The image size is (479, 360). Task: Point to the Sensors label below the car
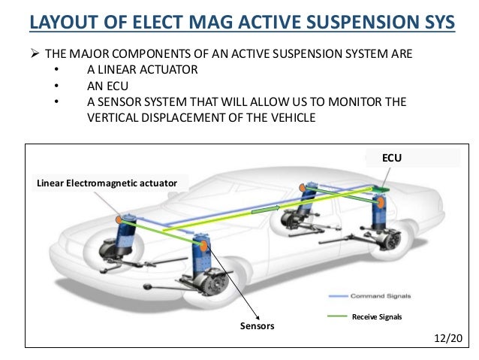click(258, 326)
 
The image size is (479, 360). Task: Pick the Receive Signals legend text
click(378, 317)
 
